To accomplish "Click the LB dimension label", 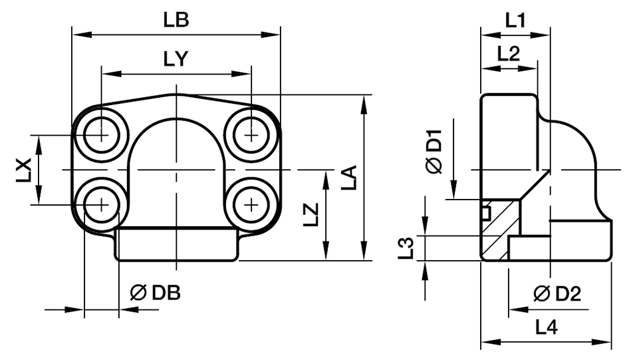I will point(176,20).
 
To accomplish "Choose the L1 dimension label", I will point(515,20).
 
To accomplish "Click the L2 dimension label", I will point(509,55).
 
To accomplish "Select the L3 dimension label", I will point(411,247).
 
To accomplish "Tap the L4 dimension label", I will point(547,327).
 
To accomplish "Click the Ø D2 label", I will point(557,293).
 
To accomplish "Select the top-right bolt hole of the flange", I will point(251,134).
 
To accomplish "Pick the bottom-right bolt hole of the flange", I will point(251,205).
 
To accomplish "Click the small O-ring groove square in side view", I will point(485,212).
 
